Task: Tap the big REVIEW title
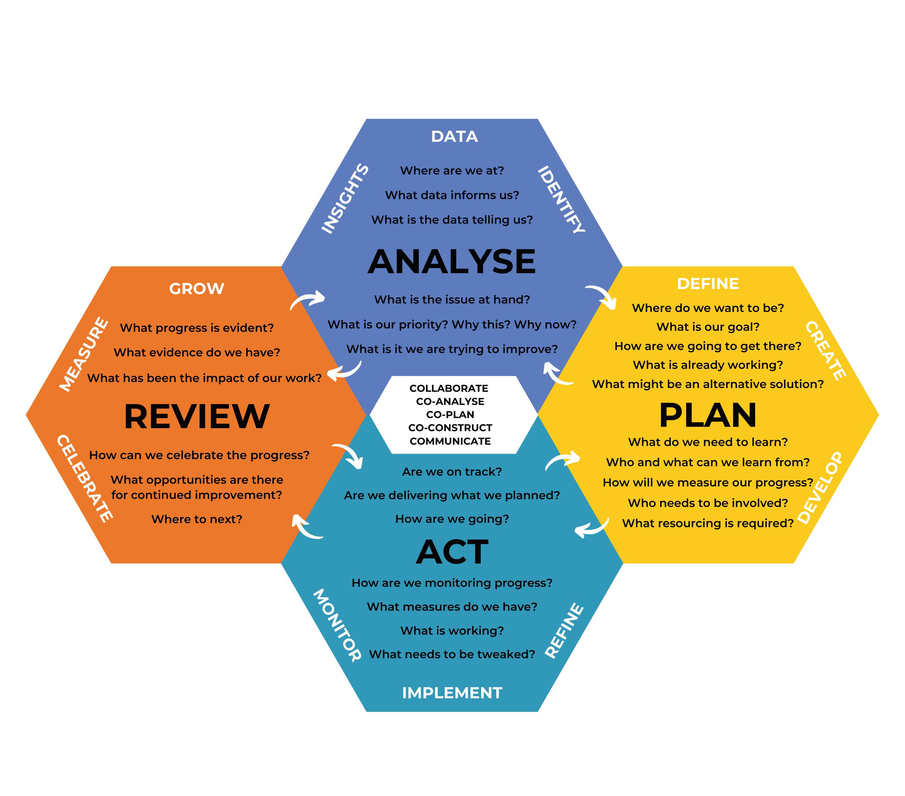(197, 416)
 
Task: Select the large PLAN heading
(707, 415)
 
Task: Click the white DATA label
(454, 136)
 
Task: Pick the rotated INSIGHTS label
(344, 198)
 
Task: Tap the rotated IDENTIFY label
(562, 199)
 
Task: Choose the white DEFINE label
(707, 284)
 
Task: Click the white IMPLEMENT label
(452, 693)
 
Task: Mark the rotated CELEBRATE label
(85, 478)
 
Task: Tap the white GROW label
(197, 289)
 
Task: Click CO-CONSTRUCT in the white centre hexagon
(450, 428)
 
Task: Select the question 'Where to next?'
(197, 519)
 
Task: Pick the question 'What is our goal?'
(707, 327)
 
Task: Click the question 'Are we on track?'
(451, 472)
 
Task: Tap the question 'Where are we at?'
(451, 170)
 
